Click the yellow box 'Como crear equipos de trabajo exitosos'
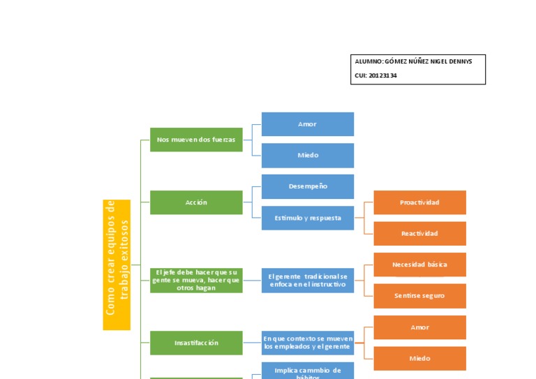[x=117, y=265]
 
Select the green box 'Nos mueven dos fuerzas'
[x=196, y=140]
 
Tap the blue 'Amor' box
[x=307, y=124]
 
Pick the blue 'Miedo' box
[x=307, y=156]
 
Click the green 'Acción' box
[x=196, y=202]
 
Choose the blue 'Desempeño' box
[x=307, y=186]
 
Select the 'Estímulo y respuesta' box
[x=307, y=218]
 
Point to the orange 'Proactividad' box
[x=419, y=202]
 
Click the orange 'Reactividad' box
[x=419, y=233]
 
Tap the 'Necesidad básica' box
[x=419, y=265]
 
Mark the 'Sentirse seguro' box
[x=419, y=296]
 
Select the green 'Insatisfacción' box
[x=196, y=343]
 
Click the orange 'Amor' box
[x=419, y=327]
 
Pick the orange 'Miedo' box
[x=419, y=359]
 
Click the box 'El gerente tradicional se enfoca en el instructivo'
[x=307, y=281]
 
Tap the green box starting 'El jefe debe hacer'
[x=196, y=281]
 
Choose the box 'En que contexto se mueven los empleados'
[x=307, y=343]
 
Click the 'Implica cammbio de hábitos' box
[x=307, y=371]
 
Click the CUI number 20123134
[x=382, y=75]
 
